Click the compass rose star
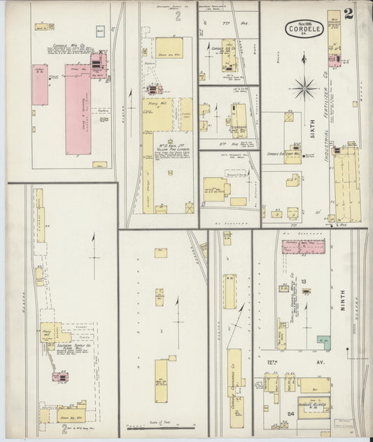coord(304,87)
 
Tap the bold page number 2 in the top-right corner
coord(349,13)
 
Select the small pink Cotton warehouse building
coord(40,85)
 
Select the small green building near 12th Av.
coord(323,343)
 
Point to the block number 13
coord(305,281)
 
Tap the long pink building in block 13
coord(304,246)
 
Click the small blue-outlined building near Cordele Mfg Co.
coord(101,31)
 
